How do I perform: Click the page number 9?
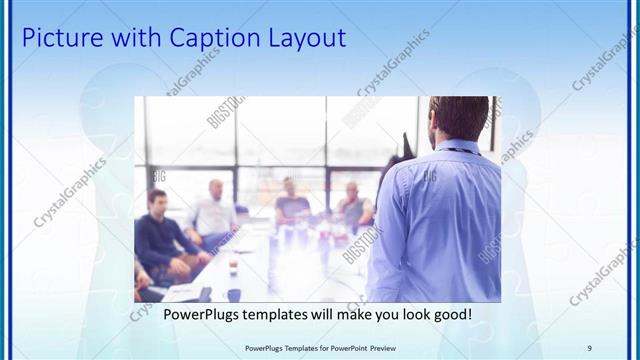589,347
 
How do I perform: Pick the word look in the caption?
408,315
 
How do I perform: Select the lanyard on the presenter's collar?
462,151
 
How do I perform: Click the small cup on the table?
232,266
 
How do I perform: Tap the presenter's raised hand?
405,142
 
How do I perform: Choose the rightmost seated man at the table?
353,205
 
